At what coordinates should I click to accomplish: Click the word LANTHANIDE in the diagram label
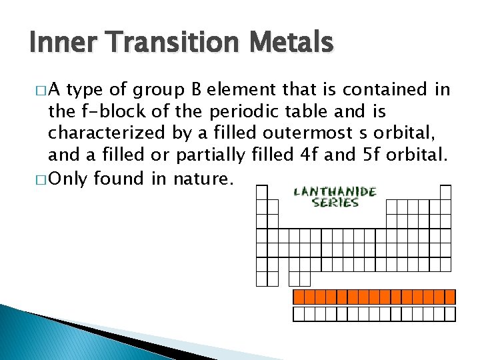tap(335, 192)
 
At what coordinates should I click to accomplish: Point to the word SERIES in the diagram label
tap(335, 203)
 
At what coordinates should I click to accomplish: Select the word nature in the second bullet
tap(203, 178)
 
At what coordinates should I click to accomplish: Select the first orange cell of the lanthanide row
tap(299, 297)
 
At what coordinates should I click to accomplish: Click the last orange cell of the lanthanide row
tap(450, 297)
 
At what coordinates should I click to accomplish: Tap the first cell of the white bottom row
tap(299, 314)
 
